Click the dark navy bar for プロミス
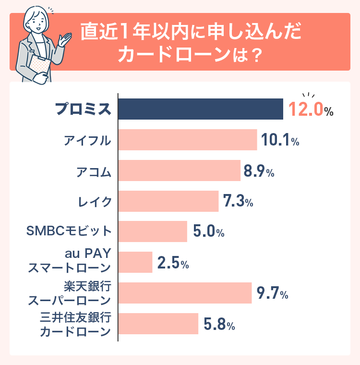(201, 109)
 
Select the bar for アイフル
(188, 140)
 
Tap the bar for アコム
(179, 170)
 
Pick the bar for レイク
(168, 201)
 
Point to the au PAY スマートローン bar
(135, 262)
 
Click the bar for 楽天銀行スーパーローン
(185, 293)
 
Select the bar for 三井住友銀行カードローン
(158, 324)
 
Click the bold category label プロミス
(83, 109)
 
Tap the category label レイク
(95, 201)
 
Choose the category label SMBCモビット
(68, 232)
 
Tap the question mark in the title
(256, 54)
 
